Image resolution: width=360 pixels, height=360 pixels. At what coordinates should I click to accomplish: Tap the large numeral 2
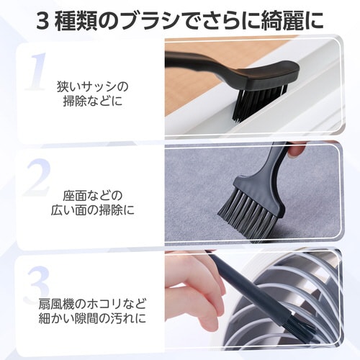pos(38,177)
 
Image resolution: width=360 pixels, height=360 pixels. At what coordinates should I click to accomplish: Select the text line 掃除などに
pos(93,101)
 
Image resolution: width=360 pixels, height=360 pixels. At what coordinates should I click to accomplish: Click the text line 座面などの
pos(93,196)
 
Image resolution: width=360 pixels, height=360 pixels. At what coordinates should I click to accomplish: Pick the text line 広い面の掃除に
pos(93,210)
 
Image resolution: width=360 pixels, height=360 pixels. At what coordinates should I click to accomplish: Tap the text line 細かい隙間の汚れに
pos(93,318)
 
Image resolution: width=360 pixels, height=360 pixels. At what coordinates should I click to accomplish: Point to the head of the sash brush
pos(274,75)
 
